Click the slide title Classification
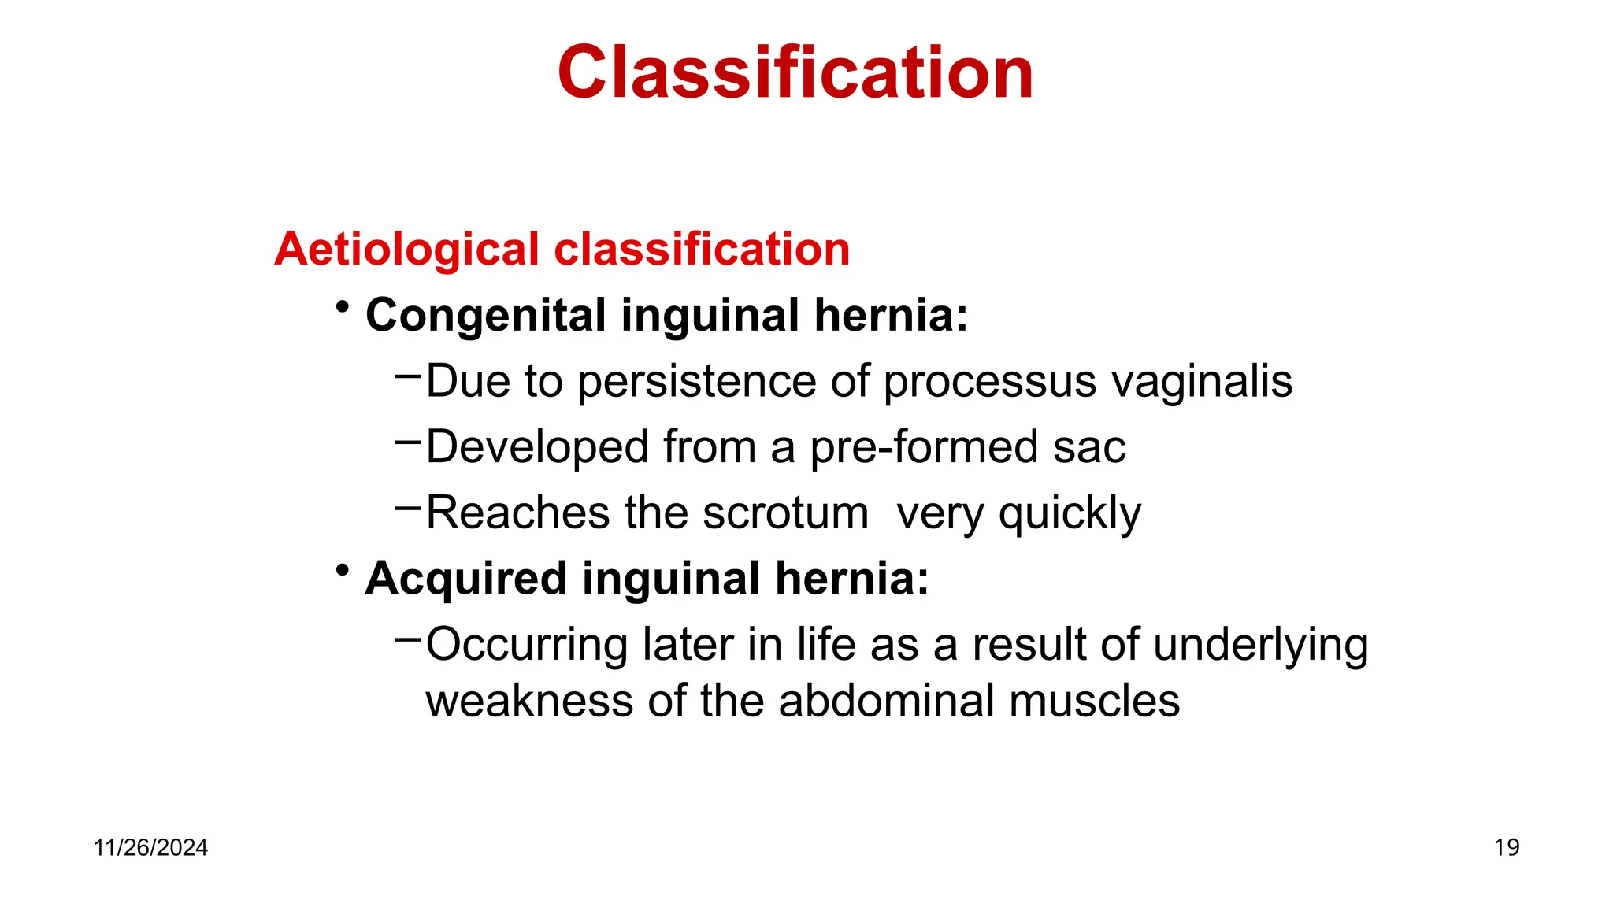point(795,72)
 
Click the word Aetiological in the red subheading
point(406,250)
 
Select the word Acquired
point(465,579)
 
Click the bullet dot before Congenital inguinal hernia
point(342,306)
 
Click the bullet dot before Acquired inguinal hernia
point(342,569)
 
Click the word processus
point(989,383)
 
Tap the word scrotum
point(785,513)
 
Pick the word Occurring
point(526,646)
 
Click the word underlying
point(1260,646)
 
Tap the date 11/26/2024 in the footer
point(150,848)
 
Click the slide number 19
point(1506,848)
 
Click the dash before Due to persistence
point(407,376)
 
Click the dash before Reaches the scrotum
point(407,507)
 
